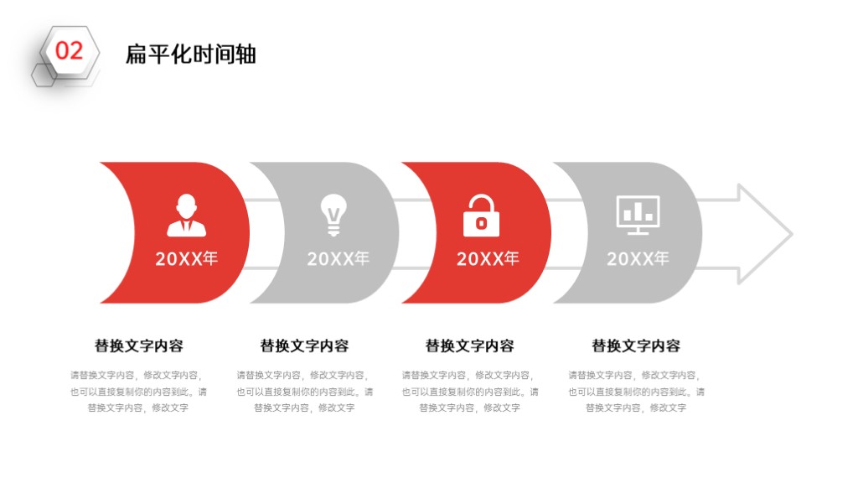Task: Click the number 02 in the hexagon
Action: point(69,51)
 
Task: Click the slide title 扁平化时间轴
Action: point(190,55)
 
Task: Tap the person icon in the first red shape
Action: point(187,216)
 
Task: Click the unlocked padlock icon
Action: point(481,216)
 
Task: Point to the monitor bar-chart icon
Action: point(638,216)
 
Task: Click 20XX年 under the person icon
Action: point(187,258)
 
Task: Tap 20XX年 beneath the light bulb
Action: point(339,258)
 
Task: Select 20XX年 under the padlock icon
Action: point(488,258)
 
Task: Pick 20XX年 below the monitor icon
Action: point(638,258)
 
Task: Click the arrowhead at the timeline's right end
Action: point(765,235)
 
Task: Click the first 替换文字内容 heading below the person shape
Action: point(139,345)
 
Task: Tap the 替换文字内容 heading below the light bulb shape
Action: point(304,345)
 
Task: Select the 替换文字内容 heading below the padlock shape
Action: point(469,345)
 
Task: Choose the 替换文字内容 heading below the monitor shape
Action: point(636,345)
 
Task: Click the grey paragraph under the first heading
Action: point(138,392)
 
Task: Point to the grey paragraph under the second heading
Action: point(305,392)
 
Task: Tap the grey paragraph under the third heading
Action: point(470,392)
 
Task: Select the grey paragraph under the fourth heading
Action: point(637,392)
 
